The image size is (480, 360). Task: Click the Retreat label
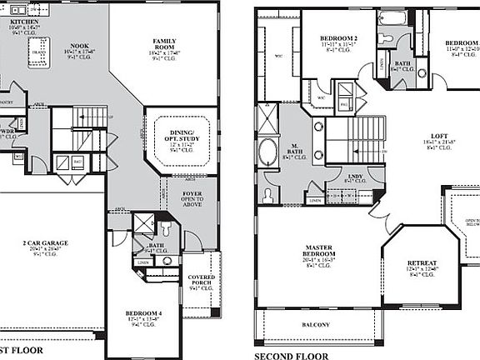422,267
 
